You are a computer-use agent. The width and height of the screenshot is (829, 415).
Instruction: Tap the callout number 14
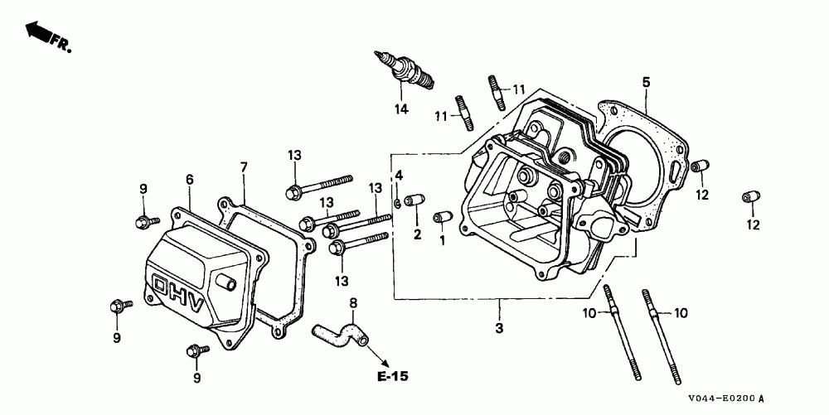point(401,109)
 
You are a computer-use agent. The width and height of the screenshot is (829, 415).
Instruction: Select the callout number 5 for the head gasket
point(645,82)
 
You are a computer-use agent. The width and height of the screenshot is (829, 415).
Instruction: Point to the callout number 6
point(189,180)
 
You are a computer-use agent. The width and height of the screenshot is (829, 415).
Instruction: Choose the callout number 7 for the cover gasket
point(244,167)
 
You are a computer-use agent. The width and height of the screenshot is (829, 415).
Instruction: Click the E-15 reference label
point(392,377)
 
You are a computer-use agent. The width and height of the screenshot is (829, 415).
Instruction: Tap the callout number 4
point(398,175)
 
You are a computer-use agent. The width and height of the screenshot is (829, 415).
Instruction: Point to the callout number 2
point(417,234)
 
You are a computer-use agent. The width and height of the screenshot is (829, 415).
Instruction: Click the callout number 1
point(442,240)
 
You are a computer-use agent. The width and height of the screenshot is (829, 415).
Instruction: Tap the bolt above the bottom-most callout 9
point(194,351)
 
